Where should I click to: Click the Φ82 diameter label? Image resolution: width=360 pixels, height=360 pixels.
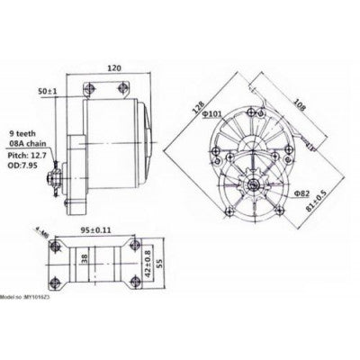[301, 193]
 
